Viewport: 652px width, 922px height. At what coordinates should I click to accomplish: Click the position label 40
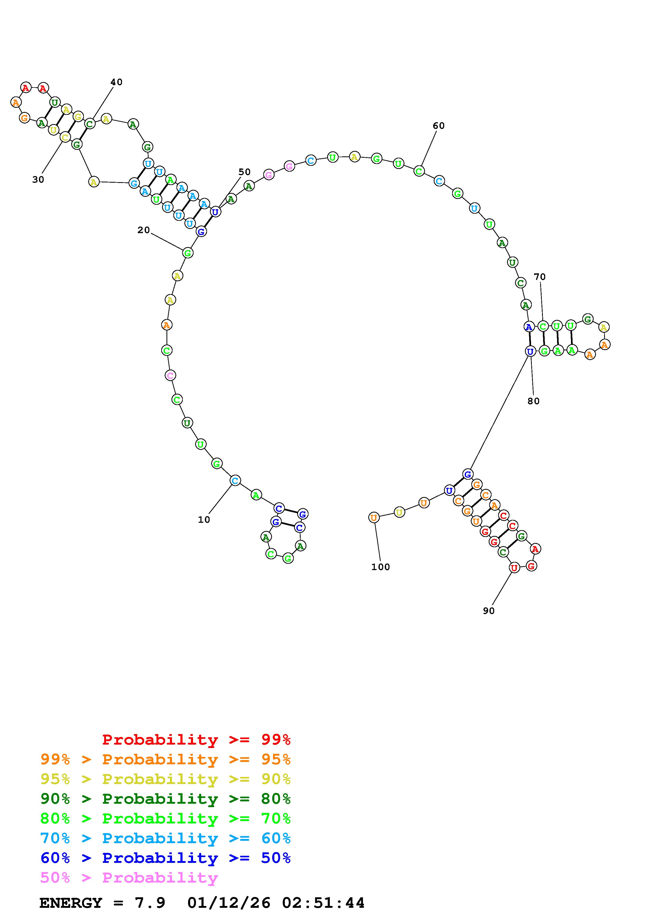(x=117, y=82)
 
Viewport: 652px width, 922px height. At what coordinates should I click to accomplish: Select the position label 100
(x=380, y=567)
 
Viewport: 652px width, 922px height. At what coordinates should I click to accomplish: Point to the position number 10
(x=204, y=520)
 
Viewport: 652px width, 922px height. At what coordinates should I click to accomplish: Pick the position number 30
(x=38, y=180)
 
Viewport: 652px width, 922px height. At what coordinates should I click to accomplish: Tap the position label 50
(x=244, y=172)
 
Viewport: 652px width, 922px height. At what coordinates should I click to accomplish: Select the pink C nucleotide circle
(x=170, y=376)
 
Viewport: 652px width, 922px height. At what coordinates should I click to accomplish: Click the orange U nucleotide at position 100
(x=373, y=518)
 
